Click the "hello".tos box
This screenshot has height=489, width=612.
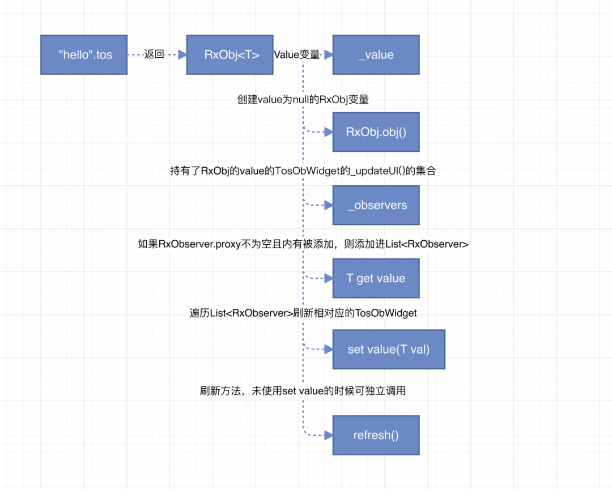(84, 54)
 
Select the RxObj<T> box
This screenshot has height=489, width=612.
(230, 54)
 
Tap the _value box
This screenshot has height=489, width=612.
(376, 54)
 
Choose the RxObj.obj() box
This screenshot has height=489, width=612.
(376, 132)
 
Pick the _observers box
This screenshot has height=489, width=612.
(376, 205)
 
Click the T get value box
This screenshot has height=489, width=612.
(376, 278)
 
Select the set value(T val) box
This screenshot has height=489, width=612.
(389, 349)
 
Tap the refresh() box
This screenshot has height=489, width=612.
(376, 435)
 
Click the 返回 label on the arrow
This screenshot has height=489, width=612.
(154, 54)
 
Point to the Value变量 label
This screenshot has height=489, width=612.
(297, 54)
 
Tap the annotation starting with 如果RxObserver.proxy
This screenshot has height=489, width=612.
(303, 244)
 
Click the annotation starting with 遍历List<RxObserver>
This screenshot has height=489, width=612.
(303, 313)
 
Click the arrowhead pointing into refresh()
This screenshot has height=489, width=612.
(328, 435)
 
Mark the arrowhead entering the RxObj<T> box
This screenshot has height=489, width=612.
(182, 54)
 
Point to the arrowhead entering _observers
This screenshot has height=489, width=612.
(328, 205)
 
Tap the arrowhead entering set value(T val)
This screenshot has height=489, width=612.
(328, 349)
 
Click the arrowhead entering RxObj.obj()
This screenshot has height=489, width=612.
(328, 132)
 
